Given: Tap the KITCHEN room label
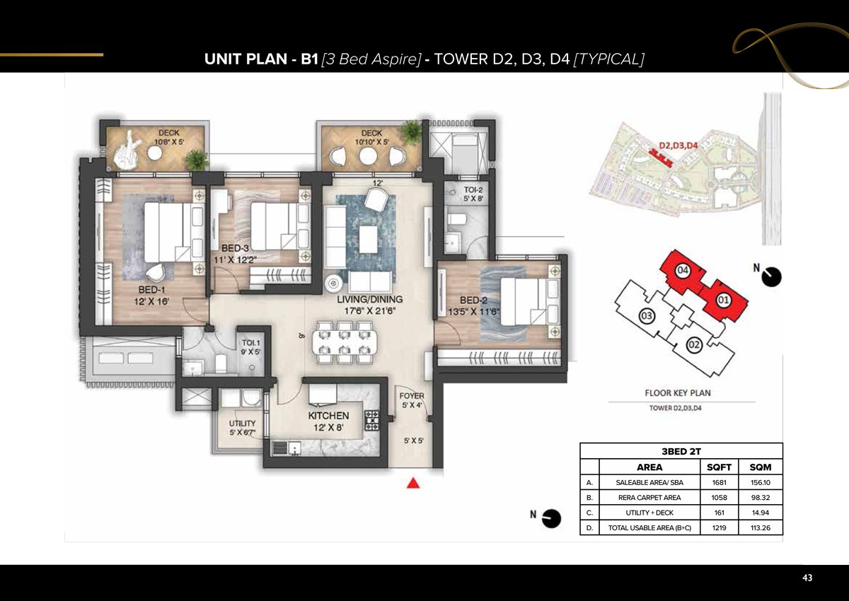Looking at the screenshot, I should click(328, 416).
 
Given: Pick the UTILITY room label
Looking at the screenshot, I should click(242, 424).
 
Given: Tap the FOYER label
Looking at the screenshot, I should click(411, 397).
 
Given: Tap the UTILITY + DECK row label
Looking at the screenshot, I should click(649, 513).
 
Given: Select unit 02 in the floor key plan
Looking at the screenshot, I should click(693, 344).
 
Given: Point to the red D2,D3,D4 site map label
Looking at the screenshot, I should click(678, 146).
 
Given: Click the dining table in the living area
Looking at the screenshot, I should click(343, 342).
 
